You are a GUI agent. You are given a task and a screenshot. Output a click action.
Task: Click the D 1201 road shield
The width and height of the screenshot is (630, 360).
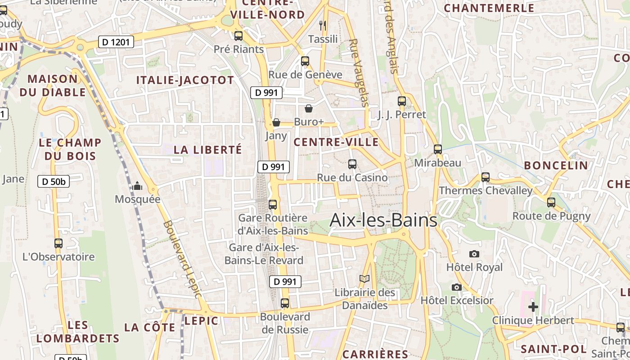[x=116, y=42]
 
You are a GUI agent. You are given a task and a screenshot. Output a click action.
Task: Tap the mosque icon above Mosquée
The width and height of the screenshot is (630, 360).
[x=137, y=186]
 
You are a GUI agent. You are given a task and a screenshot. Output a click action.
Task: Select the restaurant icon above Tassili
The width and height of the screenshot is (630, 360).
[x=323, y=25]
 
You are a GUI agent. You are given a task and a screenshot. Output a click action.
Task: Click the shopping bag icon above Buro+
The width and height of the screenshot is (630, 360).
[x=309, y=108]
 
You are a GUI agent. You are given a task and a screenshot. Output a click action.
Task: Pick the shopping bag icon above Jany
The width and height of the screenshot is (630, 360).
[x=276, y=122]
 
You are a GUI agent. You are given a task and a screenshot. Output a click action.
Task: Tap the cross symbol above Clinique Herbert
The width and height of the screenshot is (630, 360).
[x=533, y=307]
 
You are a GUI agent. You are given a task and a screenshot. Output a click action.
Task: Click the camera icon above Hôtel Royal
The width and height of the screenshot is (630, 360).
[x=474, y=254]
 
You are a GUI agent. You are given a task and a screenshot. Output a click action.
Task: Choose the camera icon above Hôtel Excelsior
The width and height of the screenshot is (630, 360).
[x=457, y=287]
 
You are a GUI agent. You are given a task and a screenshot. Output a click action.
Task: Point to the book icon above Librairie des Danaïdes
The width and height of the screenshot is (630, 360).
[x=364, y=279]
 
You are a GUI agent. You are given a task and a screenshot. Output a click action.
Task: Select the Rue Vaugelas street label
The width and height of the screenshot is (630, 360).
[x=359, y=72]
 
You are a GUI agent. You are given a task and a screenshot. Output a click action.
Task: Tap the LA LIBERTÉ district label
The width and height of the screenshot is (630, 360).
[x=208, y=150]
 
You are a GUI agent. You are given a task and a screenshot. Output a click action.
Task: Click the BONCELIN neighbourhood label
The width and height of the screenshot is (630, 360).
[x=556, y=165]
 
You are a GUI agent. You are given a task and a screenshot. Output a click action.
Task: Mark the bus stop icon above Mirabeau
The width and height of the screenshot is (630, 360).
[x=438, y=149]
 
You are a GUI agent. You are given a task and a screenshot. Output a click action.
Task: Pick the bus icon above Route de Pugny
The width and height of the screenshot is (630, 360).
[x=551, y=202]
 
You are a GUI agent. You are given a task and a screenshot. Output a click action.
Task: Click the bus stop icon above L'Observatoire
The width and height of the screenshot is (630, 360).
[x=58, y=243]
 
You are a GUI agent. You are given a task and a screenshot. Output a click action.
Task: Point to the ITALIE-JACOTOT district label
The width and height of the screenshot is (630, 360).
[x=185, y=81]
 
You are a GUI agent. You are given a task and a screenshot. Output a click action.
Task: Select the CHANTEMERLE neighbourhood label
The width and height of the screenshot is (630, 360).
[x=489, y=8]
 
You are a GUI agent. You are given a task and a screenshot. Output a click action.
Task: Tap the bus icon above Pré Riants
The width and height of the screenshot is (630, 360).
[x=238, y=36]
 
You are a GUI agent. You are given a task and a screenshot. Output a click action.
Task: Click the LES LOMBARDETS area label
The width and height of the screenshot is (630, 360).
[x=78, y=332]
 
